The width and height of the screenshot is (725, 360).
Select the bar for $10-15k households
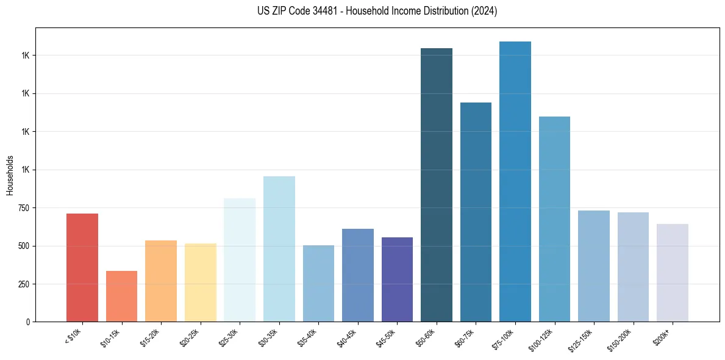coord(121,296)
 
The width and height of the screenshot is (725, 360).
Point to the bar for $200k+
coord(672,273)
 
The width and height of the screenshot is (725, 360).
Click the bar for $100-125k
coord(554,219)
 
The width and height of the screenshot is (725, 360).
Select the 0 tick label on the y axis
coord(28,322)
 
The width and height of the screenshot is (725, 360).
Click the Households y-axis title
coord(10,175)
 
